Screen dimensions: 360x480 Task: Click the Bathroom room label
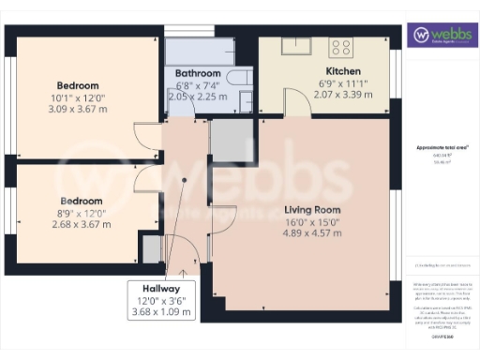tap(198, 73)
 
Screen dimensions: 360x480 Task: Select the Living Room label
tap(311, 210)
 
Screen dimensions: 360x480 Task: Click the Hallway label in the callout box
tap(161, 288)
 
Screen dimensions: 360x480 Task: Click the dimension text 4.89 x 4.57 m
tap(311, 233)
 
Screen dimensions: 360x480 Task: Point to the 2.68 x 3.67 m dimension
tap(80, 224)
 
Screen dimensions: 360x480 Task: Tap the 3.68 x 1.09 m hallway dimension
tap(161, 311)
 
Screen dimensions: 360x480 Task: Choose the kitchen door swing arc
tap(293, 104)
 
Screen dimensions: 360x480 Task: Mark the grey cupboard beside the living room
tap(226, 139)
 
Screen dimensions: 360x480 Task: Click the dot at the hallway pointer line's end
tap(185, 180)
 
